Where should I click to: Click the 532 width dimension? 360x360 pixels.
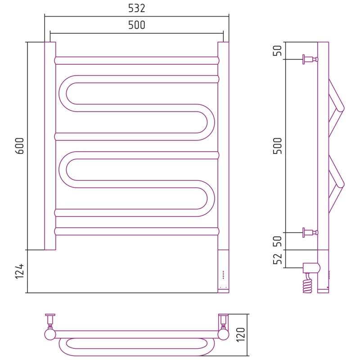137,8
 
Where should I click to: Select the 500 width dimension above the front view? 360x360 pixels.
137,25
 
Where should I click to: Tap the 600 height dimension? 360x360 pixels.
20,146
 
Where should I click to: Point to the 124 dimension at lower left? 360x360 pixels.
20,271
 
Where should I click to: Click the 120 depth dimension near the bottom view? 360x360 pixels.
241,335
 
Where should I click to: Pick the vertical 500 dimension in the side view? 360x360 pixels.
277,146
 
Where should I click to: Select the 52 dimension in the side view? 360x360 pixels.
277,259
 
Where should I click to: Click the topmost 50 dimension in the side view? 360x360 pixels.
277,50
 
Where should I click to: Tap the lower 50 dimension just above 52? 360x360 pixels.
277,241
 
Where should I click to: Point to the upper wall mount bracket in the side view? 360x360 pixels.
310,59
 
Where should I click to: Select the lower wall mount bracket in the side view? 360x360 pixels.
310,233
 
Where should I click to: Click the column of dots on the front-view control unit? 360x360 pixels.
223,274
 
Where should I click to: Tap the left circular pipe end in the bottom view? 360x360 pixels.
50,334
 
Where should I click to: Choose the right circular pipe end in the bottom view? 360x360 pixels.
223,334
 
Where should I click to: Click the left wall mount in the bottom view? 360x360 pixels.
50,321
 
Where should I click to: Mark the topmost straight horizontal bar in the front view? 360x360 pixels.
137,61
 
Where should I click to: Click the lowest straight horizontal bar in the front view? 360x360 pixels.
137,231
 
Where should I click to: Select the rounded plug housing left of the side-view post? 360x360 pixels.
311,268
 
